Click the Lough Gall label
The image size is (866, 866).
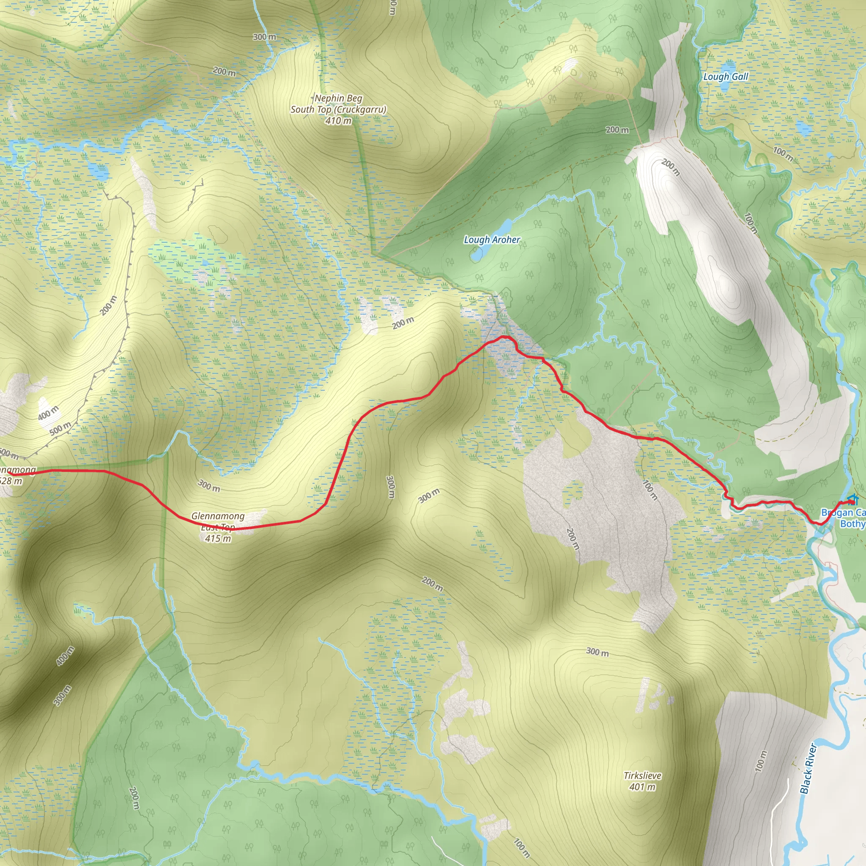(725, 77)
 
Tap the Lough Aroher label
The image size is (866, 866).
(492, 240)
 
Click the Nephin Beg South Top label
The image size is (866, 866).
(338, 104)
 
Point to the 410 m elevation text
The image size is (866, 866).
(338, 121)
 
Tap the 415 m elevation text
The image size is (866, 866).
(218, 538)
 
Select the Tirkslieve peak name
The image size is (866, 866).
(642, 776)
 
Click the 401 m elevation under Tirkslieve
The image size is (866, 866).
(642, 787)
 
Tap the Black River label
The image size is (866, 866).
(808, 769)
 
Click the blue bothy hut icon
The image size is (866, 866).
(852, 499)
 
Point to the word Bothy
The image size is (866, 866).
(852, 523)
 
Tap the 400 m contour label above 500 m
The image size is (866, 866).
(48, 413)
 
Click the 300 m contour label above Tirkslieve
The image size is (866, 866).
(597, 652)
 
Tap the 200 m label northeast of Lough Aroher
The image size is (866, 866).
(617, 130)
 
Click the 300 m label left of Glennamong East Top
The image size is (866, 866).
(209, 485)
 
